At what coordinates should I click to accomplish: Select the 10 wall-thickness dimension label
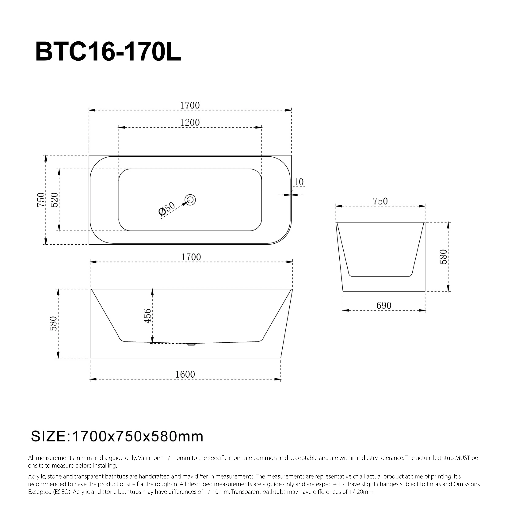click(x=299, y=182)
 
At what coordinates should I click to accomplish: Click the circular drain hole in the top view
click(x=190, y=199)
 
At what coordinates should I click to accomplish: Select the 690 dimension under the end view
click(x=384, y=306)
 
